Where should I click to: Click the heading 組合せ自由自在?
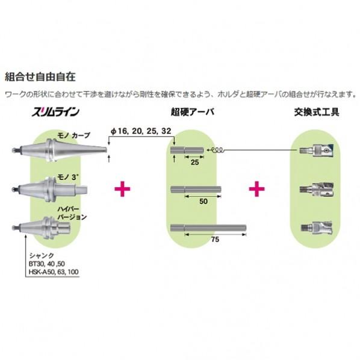(40, 76)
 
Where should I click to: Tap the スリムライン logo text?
(55, 112)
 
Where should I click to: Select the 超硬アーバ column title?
(193, 112)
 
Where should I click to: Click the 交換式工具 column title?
(317, 112)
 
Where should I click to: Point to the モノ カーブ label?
(73, 135)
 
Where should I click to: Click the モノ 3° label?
(66, 177)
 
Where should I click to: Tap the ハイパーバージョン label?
(72, 213)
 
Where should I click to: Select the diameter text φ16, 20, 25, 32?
(141, 131)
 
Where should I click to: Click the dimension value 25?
(194, 162)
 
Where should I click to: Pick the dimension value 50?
(203, 201)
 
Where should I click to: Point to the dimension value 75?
(215, 240)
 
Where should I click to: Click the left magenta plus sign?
(122, 189)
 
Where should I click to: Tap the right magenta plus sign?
(256, 189)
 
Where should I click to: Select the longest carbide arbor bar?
(208, 228)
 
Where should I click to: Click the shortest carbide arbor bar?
(187, 151)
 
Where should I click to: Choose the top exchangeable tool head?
(317, 151)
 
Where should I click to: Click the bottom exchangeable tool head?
(317, 228)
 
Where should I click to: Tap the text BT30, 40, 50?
(47, 264)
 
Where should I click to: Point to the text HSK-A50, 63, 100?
(54, 272)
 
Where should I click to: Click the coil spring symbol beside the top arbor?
(217, 150)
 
